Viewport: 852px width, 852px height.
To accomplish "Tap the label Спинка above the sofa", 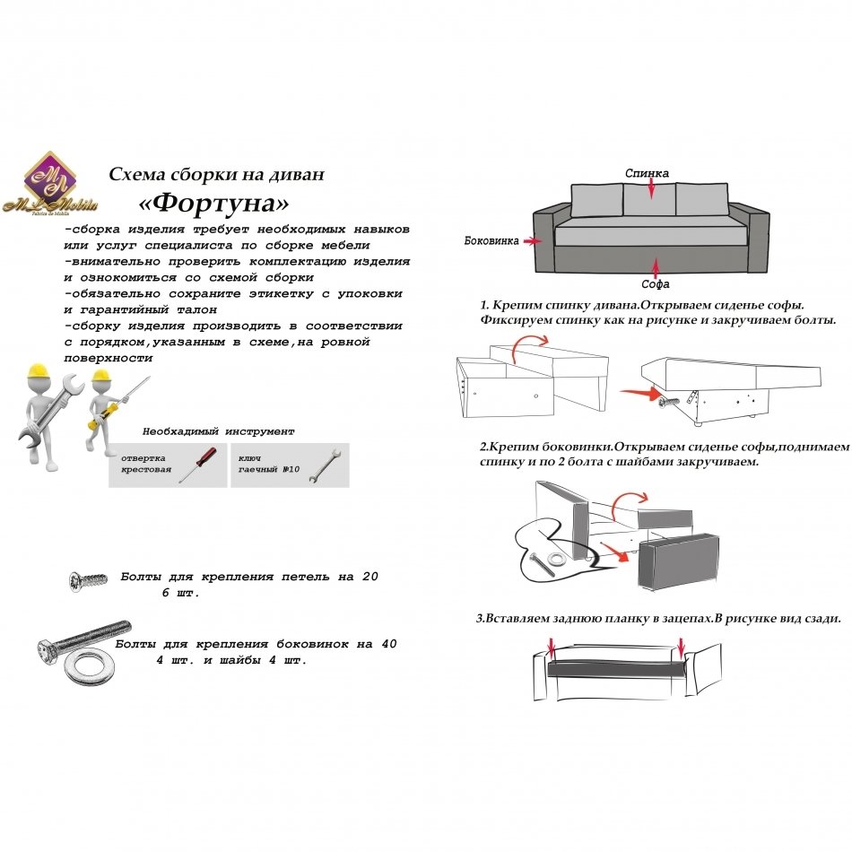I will [647, 172].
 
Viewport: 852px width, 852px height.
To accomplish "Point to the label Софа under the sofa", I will [656, 285].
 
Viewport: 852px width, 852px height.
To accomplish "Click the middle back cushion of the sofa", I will [648, 199].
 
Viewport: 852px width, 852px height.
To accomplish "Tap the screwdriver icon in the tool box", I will [196, 465].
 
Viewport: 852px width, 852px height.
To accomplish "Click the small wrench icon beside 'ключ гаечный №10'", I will [320, 466].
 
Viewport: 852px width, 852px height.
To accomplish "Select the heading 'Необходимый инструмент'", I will [218, 431].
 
